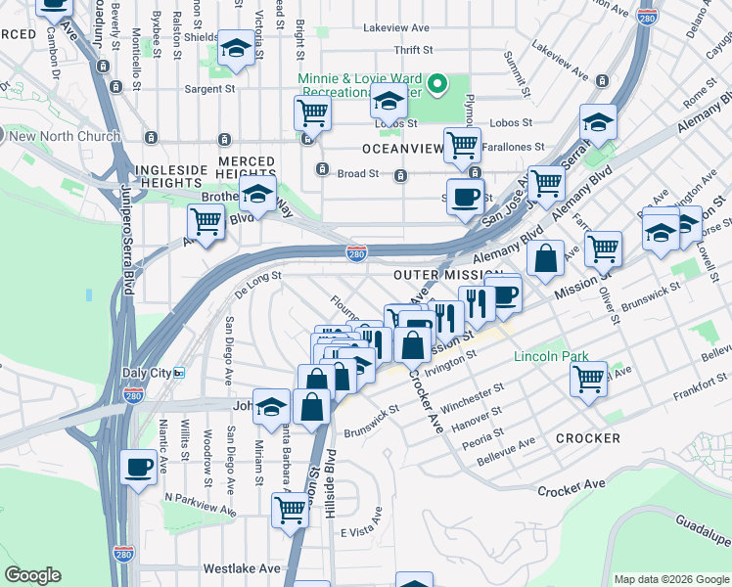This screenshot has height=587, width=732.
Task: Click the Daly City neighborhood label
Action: pyautogui.click(x=147, y=373)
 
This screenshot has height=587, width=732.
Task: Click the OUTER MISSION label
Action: pyautogui.click(x=448, y=277)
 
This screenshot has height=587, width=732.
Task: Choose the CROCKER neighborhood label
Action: pyautogui.click(x=587, y=438)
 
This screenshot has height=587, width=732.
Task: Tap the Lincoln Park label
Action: pyautogui.click(x=552, y=356)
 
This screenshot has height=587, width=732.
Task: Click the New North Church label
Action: pyautogui.click(x=64, y=136)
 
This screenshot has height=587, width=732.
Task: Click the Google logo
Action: pyautogui.click(x=32, y=575)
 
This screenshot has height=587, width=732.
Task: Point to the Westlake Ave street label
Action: pyautogui.click(x=242, y=567)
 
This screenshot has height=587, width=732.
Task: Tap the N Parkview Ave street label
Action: pyautogui.click(x=201, y=504)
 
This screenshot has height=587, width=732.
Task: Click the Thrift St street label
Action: pyautogui.click(x=414, y=50)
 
